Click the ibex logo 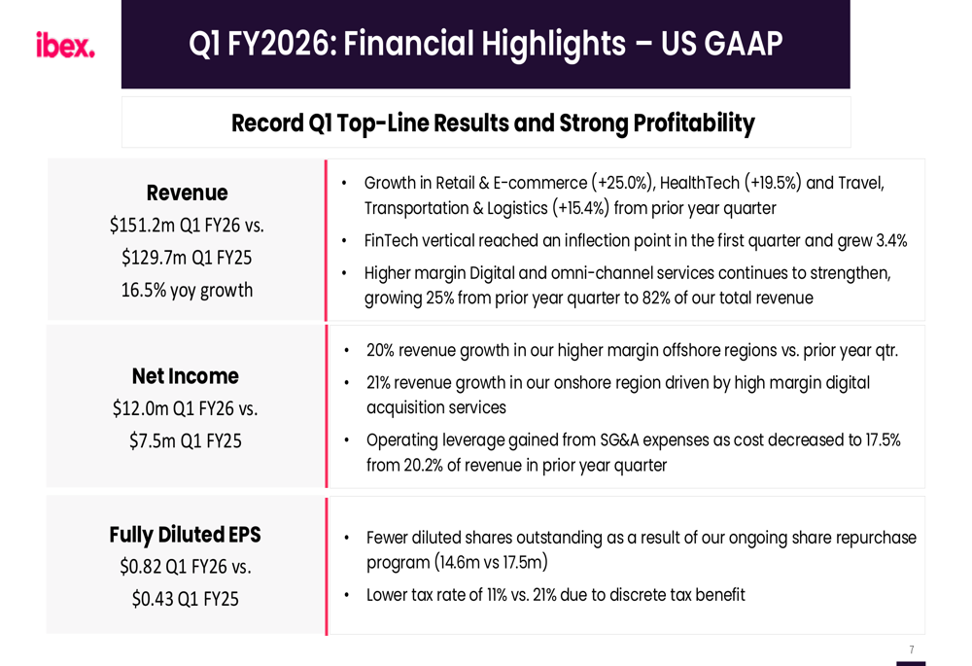point(65,46)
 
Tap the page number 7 point(911,649)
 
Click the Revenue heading point(187,193)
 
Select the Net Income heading point(185,376)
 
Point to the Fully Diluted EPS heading point(185,535)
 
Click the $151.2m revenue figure point(142,226)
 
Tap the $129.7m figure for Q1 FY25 point(154,258)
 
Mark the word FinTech point(391,241)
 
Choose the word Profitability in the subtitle point(693,123)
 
